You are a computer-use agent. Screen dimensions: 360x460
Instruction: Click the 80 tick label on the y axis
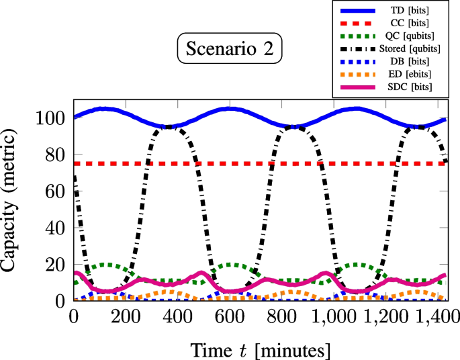[54, 155]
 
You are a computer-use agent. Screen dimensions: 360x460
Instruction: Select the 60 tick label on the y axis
[54, 191]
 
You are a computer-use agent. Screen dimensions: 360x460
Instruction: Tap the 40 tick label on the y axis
[54, 228]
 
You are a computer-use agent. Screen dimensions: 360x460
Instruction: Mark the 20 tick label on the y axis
[54, 265]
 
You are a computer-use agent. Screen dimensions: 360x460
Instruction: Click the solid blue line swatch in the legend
[364, 11]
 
